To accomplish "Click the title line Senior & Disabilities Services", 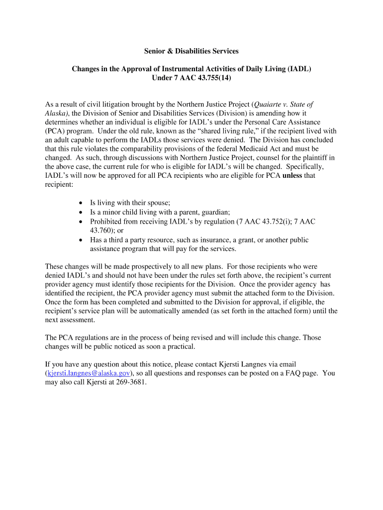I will coord(191,51).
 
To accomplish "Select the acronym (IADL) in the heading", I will coord(298,69).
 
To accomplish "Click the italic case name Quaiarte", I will coord(269,105).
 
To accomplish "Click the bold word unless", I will coord(292,176).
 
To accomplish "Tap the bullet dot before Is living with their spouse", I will coord(81,203).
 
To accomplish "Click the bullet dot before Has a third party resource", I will coord(81,240).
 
